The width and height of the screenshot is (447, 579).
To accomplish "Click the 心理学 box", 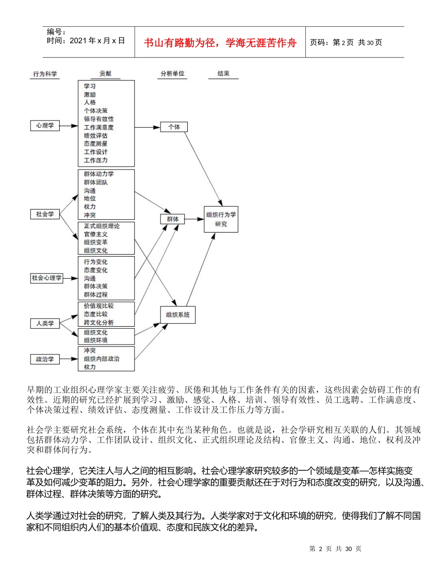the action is tap(45, 126).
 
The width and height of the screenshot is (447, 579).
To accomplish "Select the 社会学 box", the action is tap(45, 214).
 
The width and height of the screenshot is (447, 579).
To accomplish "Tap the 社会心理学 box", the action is tap(47, 278).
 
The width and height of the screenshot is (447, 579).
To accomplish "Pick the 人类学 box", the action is tap(45, 323).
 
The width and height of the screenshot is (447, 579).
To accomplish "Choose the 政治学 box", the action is tap(45, 359).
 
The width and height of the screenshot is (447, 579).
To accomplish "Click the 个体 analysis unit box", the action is tap(174, 127).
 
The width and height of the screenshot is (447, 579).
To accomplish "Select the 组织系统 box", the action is tap(177, 315).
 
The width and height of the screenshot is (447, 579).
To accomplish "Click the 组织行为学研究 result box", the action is tap(221, 219).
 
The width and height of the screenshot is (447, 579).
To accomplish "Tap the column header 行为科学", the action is tap(45, 74).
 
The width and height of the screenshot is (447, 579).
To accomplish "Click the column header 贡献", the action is tap(106, 74).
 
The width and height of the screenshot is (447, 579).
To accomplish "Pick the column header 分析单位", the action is tap(172, 74).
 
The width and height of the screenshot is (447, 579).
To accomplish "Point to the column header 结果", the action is tap(223, 74).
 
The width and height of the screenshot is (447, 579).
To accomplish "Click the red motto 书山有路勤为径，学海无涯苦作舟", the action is tap(220, 42).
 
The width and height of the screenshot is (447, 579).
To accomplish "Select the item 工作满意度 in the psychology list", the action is tap(99, 127).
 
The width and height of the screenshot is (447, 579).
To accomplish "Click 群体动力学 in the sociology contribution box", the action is tap(99, 174).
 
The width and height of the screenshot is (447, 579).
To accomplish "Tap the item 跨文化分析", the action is tap(99, 322).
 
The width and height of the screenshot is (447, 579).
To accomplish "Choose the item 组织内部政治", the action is tap(102, 359).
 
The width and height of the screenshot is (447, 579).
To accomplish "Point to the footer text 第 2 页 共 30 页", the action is tap(335, 549).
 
